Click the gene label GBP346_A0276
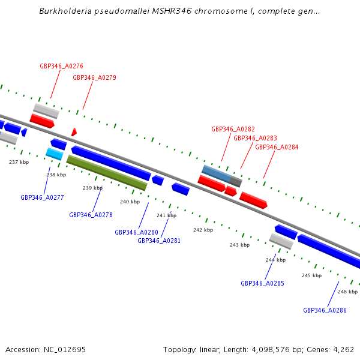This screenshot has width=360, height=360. click(61, 66)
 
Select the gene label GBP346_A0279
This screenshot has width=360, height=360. click(94, 77)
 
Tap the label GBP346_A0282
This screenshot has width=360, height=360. click(233, 129)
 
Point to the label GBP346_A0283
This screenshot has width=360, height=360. click(255, 138)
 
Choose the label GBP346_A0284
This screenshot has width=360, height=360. click(277, 147)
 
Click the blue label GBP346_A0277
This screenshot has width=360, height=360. click(42, 197)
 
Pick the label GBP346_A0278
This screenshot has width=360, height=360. click(91, 215)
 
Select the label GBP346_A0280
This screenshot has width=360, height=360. click(136, 232)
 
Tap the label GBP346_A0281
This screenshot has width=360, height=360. click(159, 241)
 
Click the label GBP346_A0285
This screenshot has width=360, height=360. click(262, 283)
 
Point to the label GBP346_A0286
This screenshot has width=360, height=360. click(325, 310)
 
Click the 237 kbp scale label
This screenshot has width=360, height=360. click(19, 162)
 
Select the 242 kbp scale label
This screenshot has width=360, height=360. click(203, 230)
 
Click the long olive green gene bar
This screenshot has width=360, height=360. click(107, 173)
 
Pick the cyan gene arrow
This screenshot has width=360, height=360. click(54, 154)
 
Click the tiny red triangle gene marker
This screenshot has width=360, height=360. click(74, 132)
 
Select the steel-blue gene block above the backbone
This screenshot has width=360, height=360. click(216, 173)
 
